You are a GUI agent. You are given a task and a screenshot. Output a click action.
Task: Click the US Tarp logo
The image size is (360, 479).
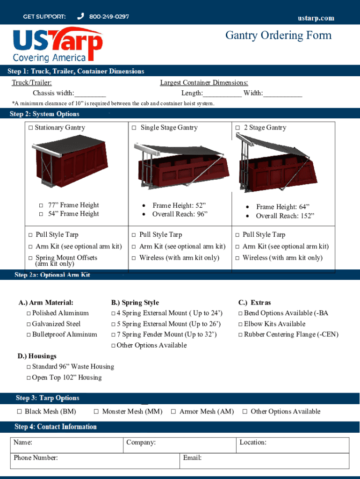pos(57,45)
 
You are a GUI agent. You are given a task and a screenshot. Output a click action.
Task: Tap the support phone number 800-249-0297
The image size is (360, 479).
pos(109,17)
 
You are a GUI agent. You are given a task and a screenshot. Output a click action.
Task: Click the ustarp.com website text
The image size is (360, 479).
pos(316,18)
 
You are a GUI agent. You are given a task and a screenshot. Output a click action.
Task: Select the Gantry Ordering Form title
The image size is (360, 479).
pos(278,36)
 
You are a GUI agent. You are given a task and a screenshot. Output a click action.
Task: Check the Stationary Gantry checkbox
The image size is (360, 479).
pos(31,128)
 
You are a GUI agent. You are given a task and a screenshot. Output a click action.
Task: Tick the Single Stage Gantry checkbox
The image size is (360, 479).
pos(134,128)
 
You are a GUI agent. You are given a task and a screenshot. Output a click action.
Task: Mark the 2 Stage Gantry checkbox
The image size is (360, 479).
pos(238,128)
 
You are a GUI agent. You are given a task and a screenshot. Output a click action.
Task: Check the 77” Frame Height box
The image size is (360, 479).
pos(41,205)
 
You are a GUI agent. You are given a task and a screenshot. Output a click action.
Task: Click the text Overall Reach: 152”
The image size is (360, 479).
pos(285,216)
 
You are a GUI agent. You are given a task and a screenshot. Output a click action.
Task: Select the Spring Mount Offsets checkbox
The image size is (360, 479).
pos(31,258)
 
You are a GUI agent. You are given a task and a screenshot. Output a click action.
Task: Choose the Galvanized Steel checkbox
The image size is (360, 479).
pos(29,324)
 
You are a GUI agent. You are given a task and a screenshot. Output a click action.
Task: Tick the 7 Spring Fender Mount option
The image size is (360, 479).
pos(113,335)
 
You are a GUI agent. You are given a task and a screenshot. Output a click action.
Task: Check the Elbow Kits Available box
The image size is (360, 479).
pos(240,324)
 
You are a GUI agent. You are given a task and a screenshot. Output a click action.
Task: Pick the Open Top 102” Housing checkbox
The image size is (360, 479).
pos(29,378)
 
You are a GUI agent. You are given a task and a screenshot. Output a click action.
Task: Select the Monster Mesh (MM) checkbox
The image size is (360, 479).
pos(96,412)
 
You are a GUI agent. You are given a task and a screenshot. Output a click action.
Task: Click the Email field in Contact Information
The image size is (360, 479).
pos(264,460)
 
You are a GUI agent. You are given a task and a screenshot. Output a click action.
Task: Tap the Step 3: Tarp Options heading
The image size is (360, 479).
pos(47,398)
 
